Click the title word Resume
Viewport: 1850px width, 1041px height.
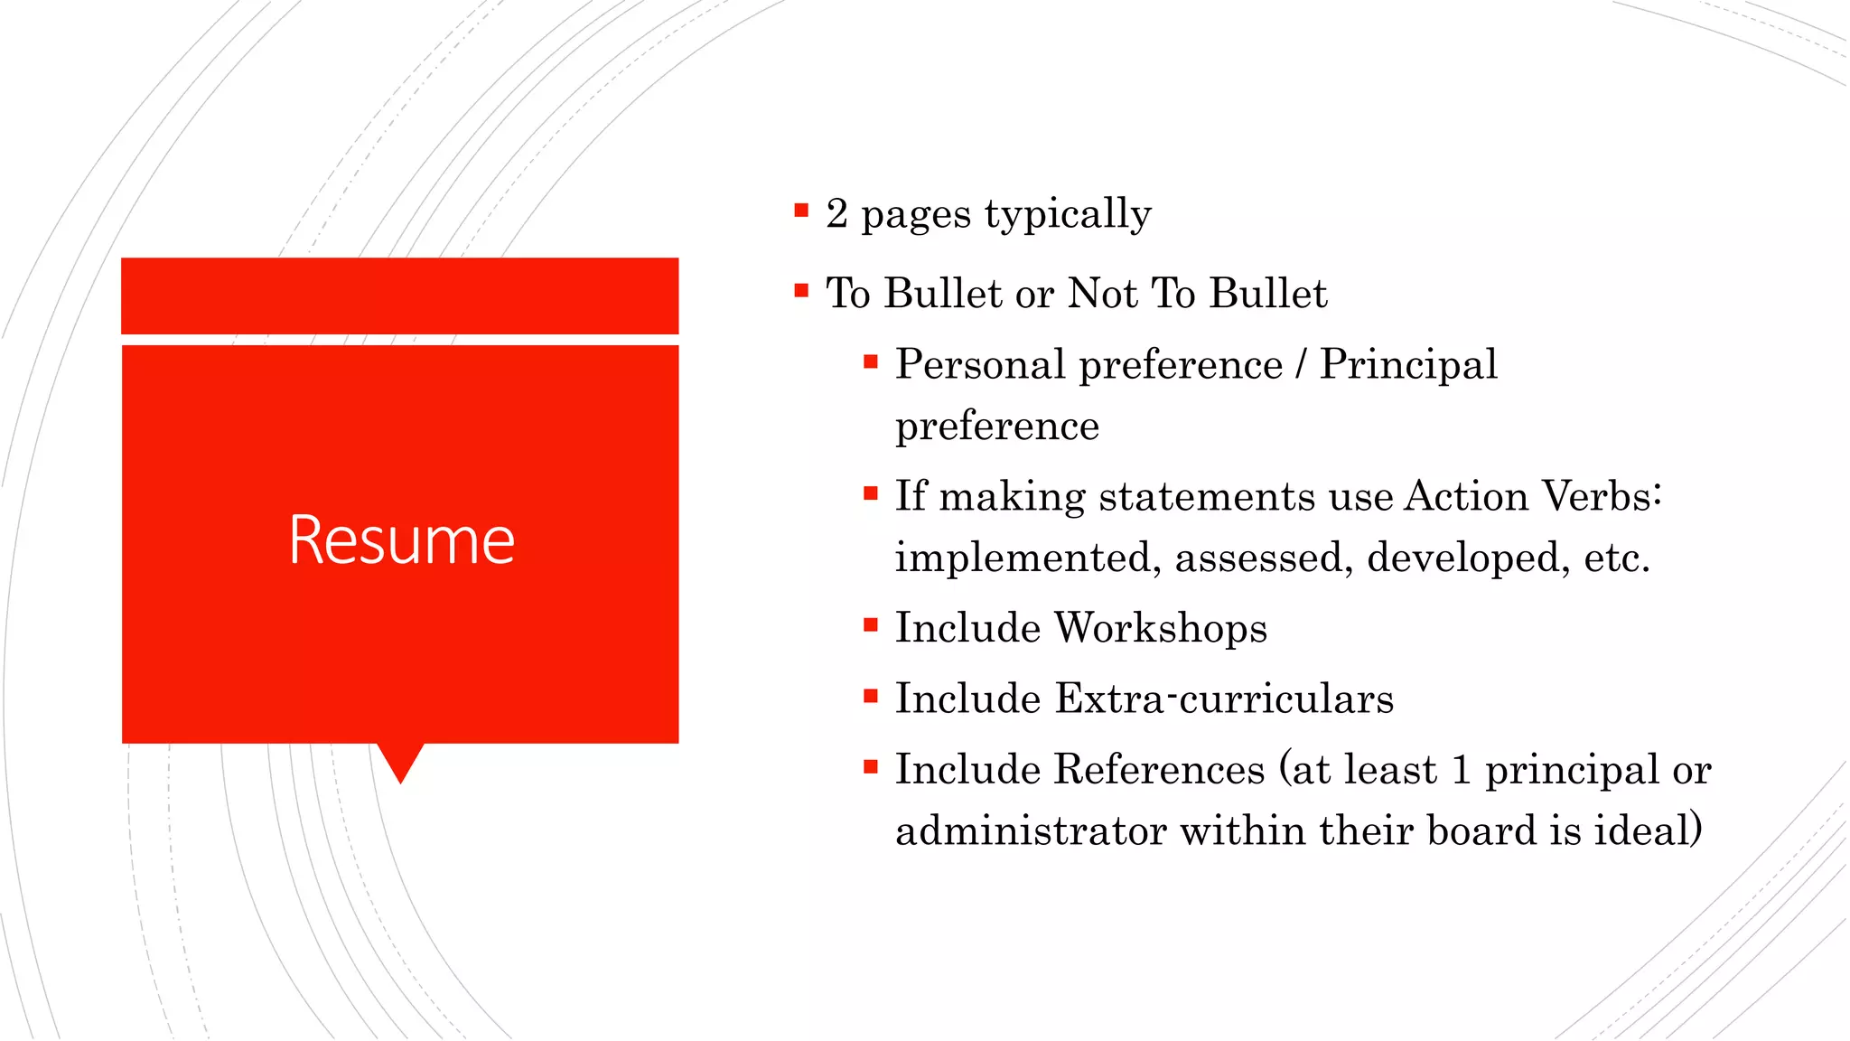click(401, 539)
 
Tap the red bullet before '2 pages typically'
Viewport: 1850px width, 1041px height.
click(801, 211)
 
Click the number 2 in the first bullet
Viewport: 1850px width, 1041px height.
click(836, 214)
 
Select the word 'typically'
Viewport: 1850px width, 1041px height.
click(1068, 216)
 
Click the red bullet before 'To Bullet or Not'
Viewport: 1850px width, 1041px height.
click(801, 291)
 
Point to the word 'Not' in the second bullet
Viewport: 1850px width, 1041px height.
click(1103, 294)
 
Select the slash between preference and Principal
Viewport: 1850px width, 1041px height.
click(1300, 365)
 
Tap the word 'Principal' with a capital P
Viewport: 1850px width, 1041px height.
click(1407, 365)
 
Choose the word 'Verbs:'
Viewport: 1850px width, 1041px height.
click(1602, 497)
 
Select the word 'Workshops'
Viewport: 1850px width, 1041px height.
click(1161, 629)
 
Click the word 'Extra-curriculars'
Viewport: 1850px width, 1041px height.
click(1224, 699)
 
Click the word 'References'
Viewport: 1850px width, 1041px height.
click(1159, 770)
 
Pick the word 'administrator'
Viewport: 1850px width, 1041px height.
click(1031, 831)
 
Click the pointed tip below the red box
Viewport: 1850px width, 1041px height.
click(400, 775)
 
